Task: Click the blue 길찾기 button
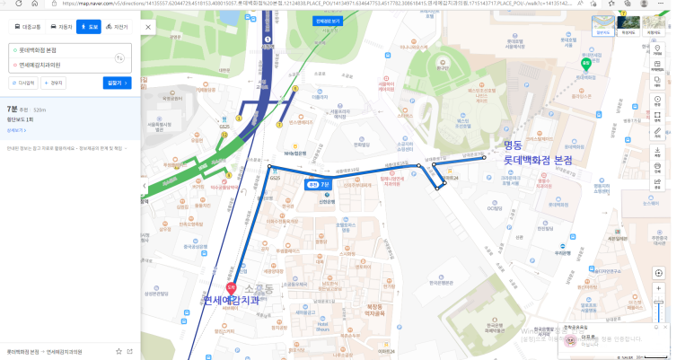point(118,83)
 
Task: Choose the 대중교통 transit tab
point(26,27)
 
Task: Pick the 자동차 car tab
point(61,27)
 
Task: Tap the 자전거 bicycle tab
point(115,27)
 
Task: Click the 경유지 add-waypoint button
point(54,83)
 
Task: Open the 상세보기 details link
point(16,128)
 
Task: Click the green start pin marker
point(585,63)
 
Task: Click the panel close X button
point(145,26)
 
